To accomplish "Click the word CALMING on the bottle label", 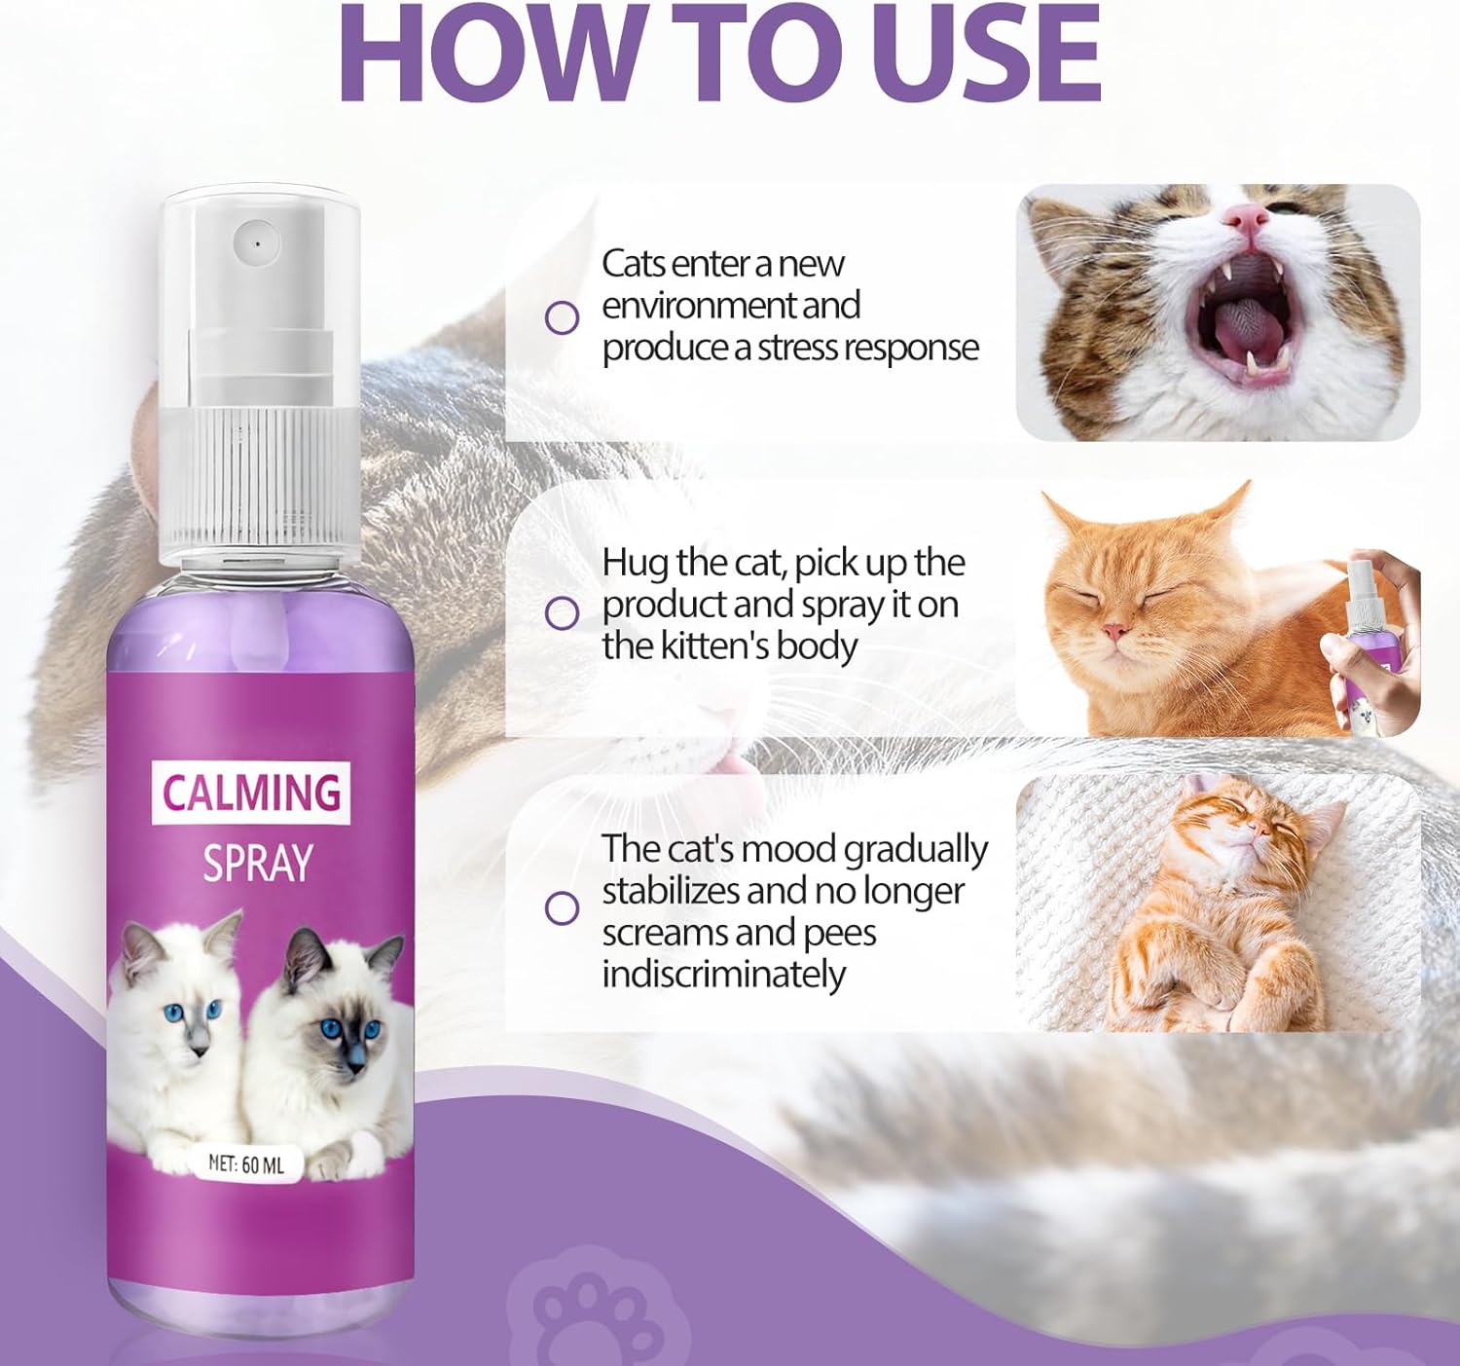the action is tap(252, 792).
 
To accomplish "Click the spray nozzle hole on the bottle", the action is tap(258, 241).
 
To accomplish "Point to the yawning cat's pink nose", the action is tap(1247, 218).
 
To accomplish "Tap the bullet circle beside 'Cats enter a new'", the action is tap(563, 317).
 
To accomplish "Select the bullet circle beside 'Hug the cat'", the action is tap(563, 614).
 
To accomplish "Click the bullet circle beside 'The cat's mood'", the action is tap(563, 908).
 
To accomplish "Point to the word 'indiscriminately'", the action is tap(723, 976).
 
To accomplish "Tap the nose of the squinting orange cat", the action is tap(1116, 632).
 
